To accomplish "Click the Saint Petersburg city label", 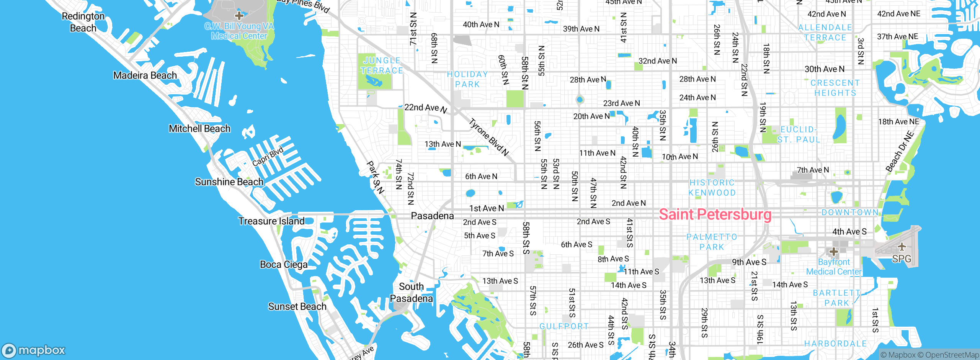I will (715, 214).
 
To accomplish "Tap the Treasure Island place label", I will (271, 221).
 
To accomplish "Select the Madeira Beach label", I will (145, 75).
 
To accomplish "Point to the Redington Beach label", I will (83, 22).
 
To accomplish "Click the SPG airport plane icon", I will (902, 247).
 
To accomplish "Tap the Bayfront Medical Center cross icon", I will (833, 252).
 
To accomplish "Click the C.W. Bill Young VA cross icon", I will (239, 16).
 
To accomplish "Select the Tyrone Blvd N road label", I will (489, 137).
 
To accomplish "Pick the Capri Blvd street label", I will (268, 156).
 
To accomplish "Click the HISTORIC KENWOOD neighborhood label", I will (712, 188).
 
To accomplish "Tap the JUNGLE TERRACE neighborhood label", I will (382, 65).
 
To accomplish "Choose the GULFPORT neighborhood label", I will (564, 326).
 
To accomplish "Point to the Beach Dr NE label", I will (900, 151).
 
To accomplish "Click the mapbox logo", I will (34, 350).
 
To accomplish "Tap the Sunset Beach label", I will (297, 306).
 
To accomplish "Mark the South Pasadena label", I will (411, 293).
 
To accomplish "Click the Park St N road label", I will (375, 177).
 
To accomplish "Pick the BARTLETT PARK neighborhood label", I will (836, 298).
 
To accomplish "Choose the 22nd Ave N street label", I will (425, 108).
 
